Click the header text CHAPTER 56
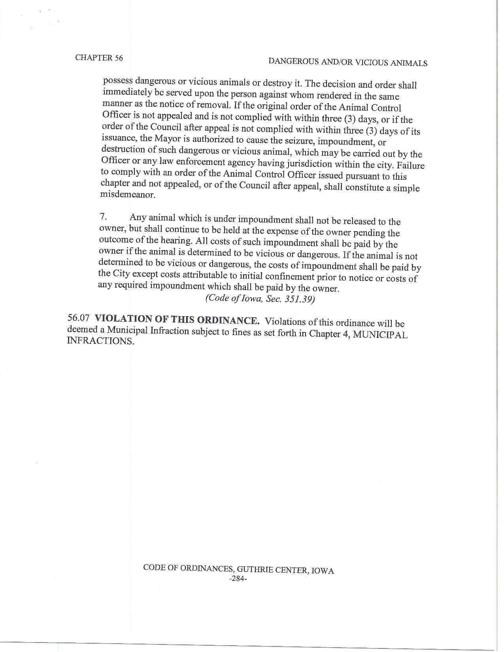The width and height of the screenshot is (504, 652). tap(99, 58)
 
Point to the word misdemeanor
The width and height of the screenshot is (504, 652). tap(122, 194)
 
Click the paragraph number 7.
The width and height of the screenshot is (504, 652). tap(103, 217)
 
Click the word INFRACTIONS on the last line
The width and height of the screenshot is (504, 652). tap(100, 341)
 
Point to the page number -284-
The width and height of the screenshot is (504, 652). tap(238, 579)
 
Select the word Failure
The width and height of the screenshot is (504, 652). tap(410, 165)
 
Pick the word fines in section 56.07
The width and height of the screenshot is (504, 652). tap(241, 332)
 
